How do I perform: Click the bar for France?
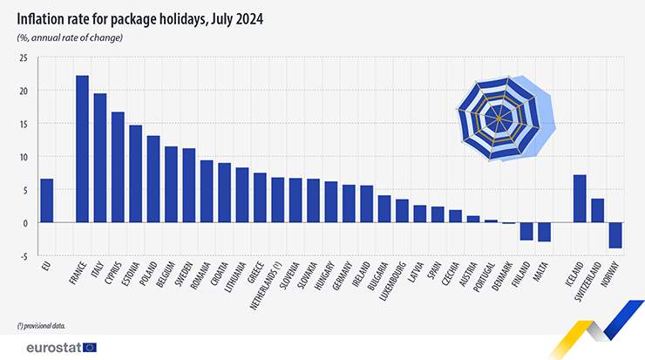[82, 149]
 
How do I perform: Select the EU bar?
[47, 200]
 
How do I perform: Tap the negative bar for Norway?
[615, 235]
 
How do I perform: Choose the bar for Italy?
[100, 158]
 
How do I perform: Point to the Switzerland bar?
[597, 210]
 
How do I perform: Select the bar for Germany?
[349, 203]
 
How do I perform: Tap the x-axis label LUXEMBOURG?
[388, 278]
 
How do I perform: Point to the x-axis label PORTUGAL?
[479, 275]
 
